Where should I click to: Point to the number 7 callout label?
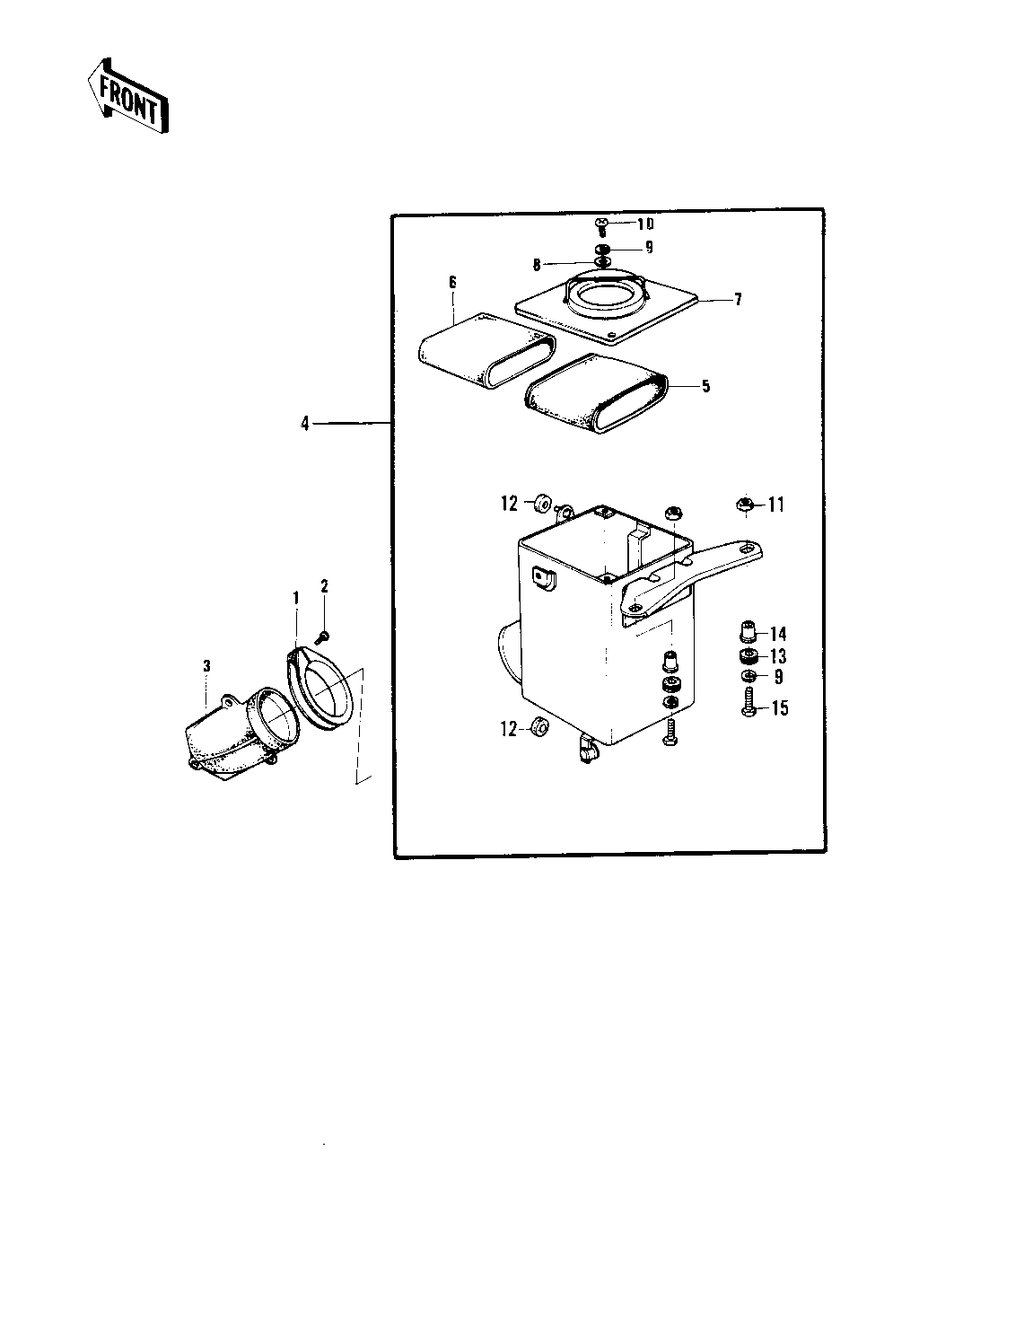coord(738,300)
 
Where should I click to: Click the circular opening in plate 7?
coord(608,295)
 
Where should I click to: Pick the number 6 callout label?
coord(453,283)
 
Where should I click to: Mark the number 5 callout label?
coord(706,386)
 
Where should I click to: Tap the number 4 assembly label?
coord(305,423)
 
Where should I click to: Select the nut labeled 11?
coord(743,505)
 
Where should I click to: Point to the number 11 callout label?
coord(775,505)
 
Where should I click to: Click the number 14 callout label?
coord(777,634)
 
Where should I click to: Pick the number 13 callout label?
coord(777,657)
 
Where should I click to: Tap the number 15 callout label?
coord(779,708)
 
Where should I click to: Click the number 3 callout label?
coord(206,665)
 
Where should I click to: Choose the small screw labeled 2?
coord(324,636)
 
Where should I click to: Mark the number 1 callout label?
coord(294,597)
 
